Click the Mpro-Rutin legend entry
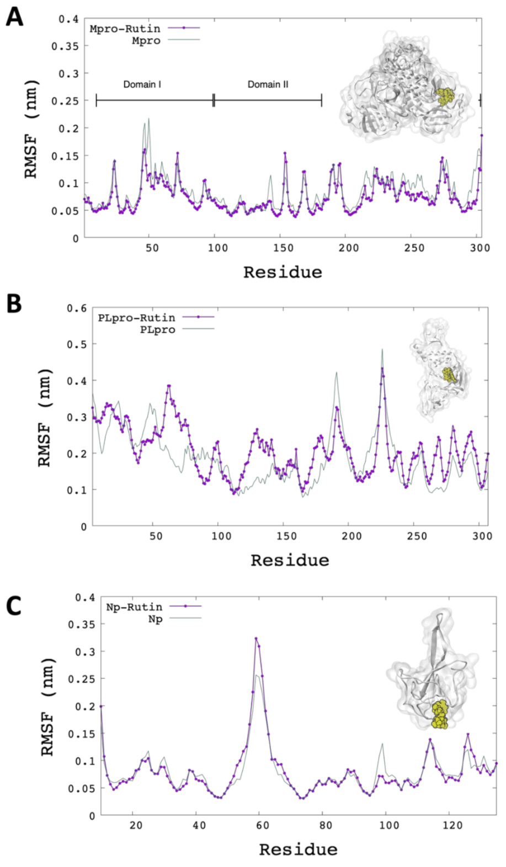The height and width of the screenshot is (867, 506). [125, 28]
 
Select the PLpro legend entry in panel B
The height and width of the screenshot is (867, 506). [157, 329]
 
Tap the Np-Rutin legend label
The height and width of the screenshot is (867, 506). [134, 607]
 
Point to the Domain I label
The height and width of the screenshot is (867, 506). [142, 84]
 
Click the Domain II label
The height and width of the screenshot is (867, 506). [268, 84]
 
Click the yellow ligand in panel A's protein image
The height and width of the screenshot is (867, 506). [444, 97]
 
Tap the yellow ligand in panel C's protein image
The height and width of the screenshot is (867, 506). [440, 715]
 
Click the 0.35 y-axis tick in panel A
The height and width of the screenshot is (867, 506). [65, 46]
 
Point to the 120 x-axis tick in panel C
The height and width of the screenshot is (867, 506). [452, 825]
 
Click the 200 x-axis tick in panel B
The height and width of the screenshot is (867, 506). [351, 536]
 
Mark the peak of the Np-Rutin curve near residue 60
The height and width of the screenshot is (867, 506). [256, 639]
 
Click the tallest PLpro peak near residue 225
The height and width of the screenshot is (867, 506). [382, 350]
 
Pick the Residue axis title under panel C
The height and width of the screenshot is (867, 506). [298, 849]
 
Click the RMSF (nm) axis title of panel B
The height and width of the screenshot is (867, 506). [45, 417]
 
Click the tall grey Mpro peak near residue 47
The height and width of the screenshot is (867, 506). [148, 119]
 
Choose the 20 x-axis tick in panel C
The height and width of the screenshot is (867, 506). [136, 825]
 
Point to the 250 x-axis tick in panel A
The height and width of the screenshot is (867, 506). [414, 248]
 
